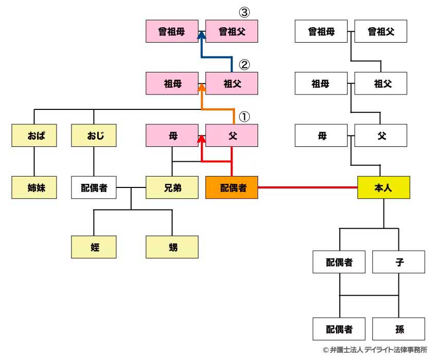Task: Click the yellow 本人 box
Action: click(x=384, y=187)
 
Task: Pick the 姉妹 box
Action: click(x=34, y=187)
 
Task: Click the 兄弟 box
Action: click(x=172, y=187)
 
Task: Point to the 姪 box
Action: click(x=94, y=247)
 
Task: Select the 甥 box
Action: click(x=172, y=247)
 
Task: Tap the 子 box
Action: click(x=399, y=262)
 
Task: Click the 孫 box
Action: click(x=399, y=329)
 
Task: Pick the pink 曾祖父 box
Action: click(x=231, y=31)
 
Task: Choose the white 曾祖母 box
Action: click(x=321, y=31)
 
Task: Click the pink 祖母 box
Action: click(x=172, y=84)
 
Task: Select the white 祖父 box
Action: click(x=381, y=84)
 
